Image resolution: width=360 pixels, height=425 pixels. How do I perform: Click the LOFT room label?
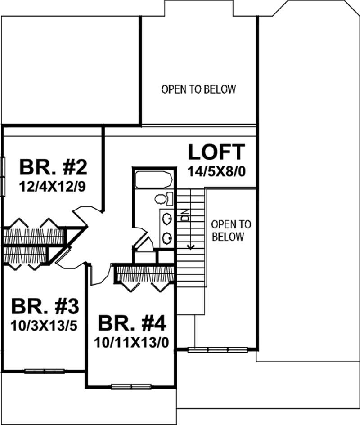(217, 152)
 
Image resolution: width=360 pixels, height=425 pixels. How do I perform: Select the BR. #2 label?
(53, 167)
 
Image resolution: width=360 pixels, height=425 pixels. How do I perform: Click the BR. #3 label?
(45, 307)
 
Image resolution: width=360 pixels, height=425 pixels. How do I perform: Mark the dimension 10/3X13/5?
(45, 325)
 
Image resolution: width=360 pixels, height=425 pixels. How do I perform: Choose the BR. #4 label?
(132, 322)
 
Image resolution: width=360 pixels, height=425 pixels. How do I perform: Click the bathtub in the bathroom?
(153, 181)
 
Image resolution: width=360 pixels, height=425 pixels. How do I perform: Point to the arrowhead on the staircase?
(192, 246)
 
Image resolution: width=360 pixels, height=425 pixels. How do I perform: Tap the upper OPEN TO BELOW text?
(198, 89)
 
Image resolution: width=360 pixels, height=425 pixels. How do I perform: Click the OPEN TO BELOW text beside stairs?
(231, 230)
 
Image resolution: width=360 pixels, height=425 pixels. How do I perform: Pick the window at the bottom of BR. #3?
(45, 371)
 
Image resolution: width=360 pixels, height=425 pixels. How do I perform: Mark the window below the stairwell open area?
(217, 349)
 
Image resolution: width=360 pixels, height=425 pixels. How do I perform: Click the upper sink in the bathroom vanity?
(166, 219)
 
